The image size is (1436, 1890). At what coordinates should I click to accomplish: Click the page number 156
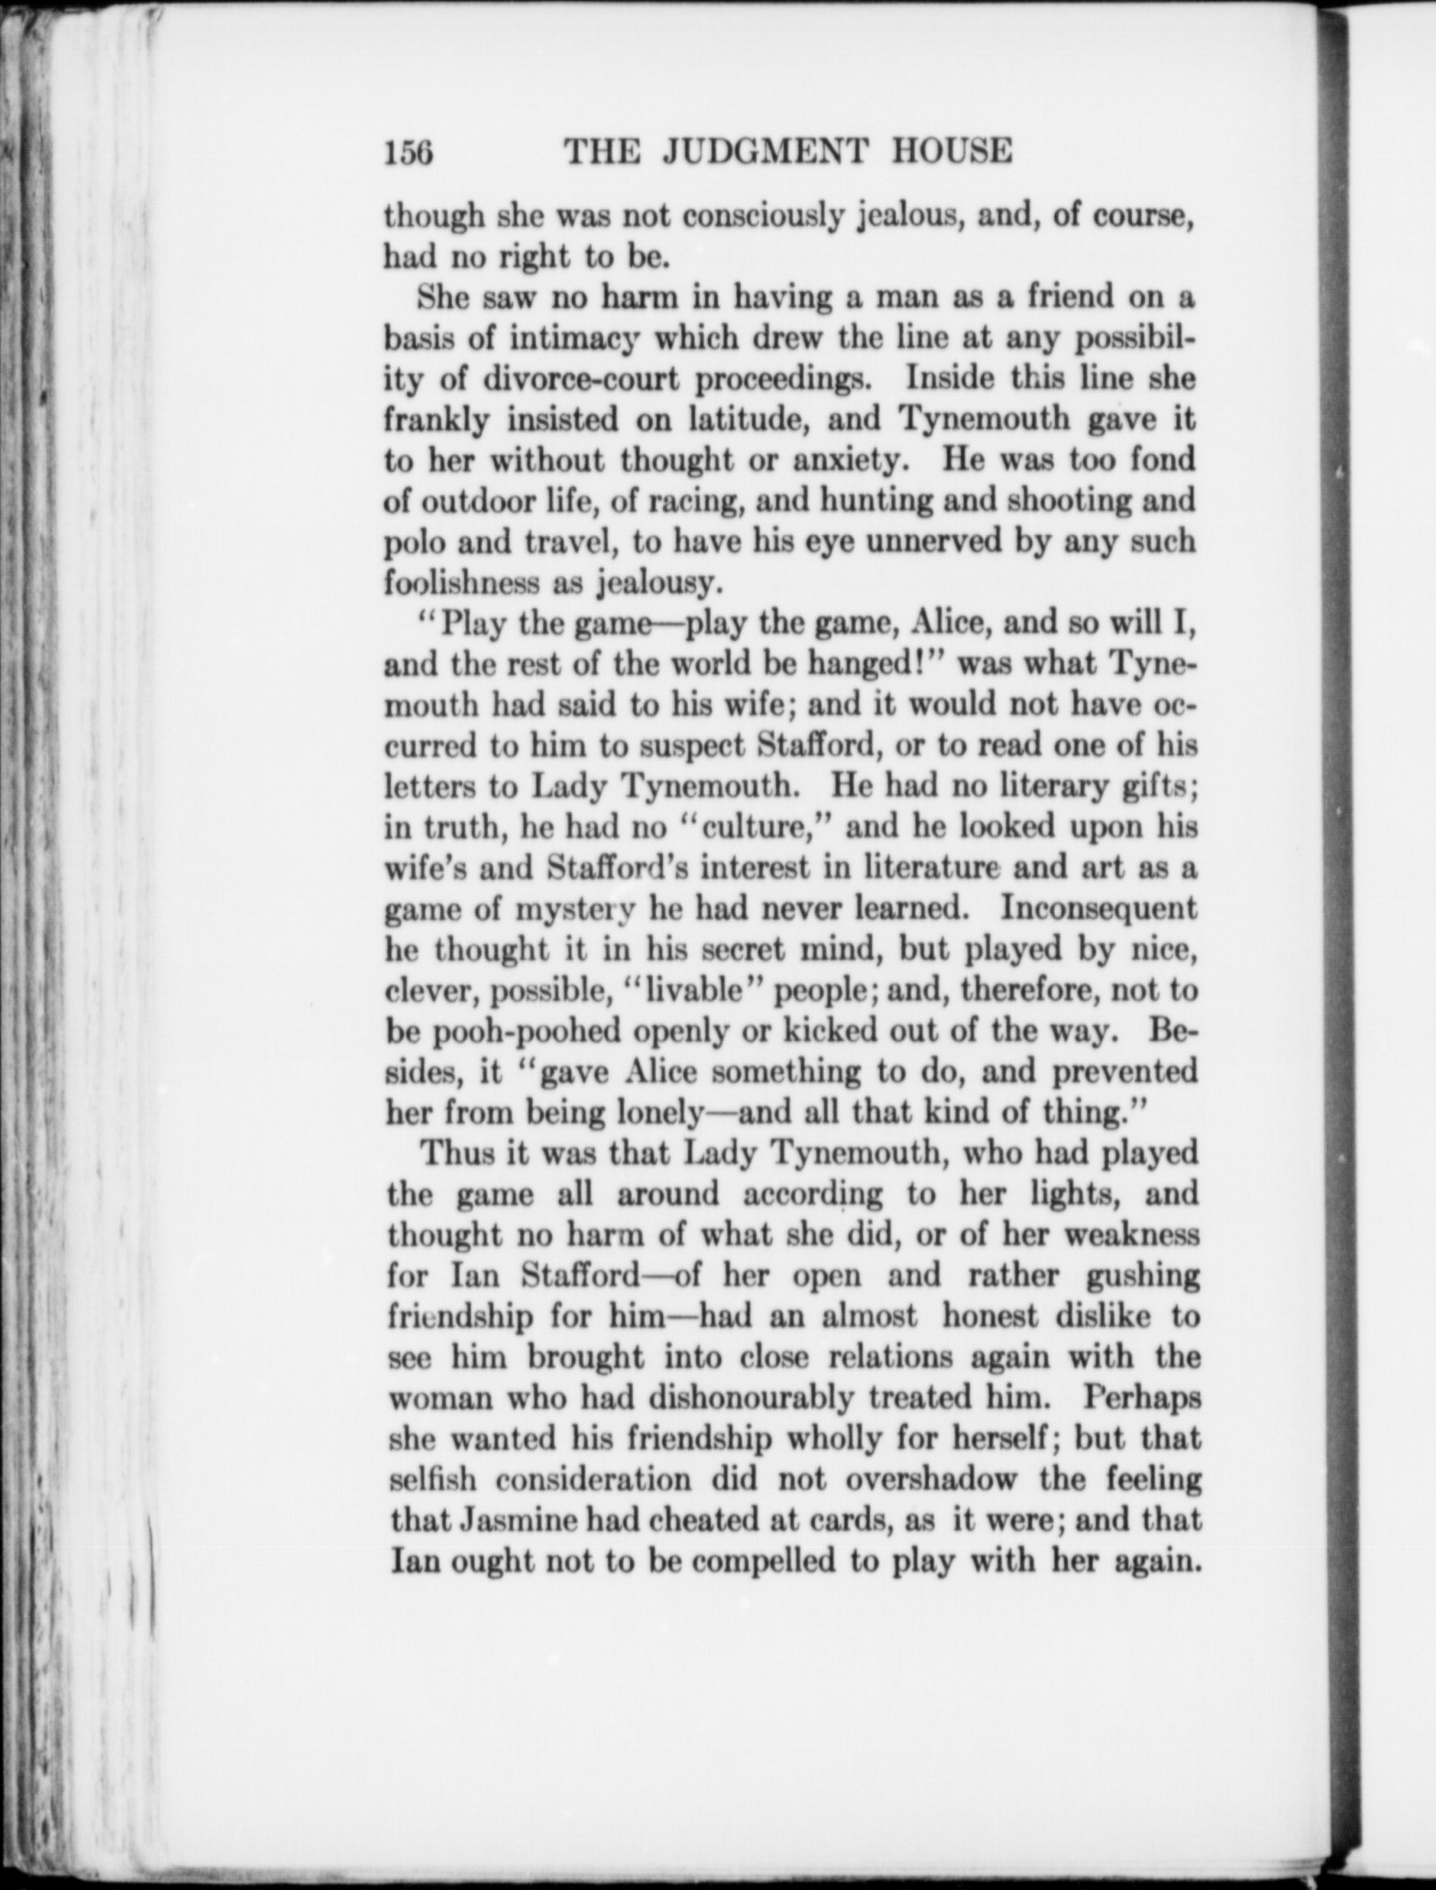[408, 152]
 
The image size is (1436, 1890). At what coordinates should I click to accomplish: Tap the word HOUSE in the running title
[952, 151]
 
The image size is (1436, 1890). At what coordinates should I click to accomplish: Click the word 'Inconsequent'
[1098, 908]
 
